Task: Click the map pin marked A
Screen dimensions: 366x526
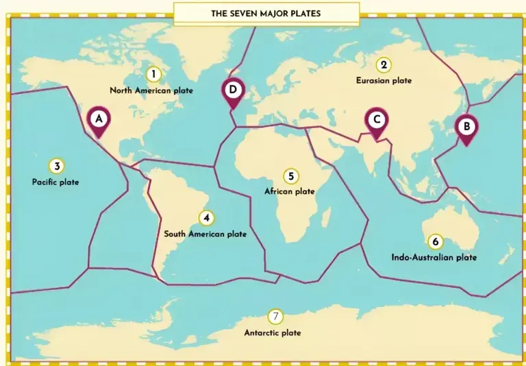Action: coord(99,119)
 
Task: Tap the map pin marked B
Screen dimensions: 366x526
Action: coord(466,127)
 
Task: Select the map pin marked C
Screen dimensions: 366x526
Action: coord(376,120)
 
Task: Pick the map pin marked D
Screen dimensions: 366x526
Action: coord(233,90)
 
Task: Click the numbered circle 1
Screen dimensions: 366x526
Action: coord(154,74)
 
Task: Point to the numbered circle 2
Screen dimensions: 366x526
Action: coord(384,65)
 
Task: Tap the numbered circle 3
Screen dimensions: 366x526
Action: coord(56,166)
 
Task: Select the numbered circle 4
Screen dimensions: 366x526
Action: coord(206,218)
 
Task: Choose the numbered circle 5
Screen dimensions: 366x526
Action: coord(290,177)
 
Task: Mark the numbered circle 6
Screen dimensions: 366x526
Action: coord(434,242)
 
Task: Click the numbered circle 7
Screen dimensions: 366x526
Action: coord(275,317)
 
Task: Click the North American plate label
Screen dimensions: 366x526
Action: coord(151,90)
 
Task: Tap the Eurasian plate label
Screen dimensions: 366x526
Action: coord(384,81)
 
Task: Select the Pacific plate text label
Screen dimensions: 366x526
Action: coord(55,182)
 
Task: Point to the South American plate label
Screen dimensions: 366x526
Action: coord(205,234)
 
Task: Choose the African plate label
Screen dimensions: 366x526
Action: coord(290,192)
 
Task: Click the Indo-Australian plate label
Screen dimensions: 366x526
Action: coord(434,258)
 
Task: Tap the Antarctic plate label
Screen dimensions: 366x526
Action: coord(273,333)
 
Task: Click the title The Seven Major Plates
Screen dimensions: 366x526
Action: coord(266,13)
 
